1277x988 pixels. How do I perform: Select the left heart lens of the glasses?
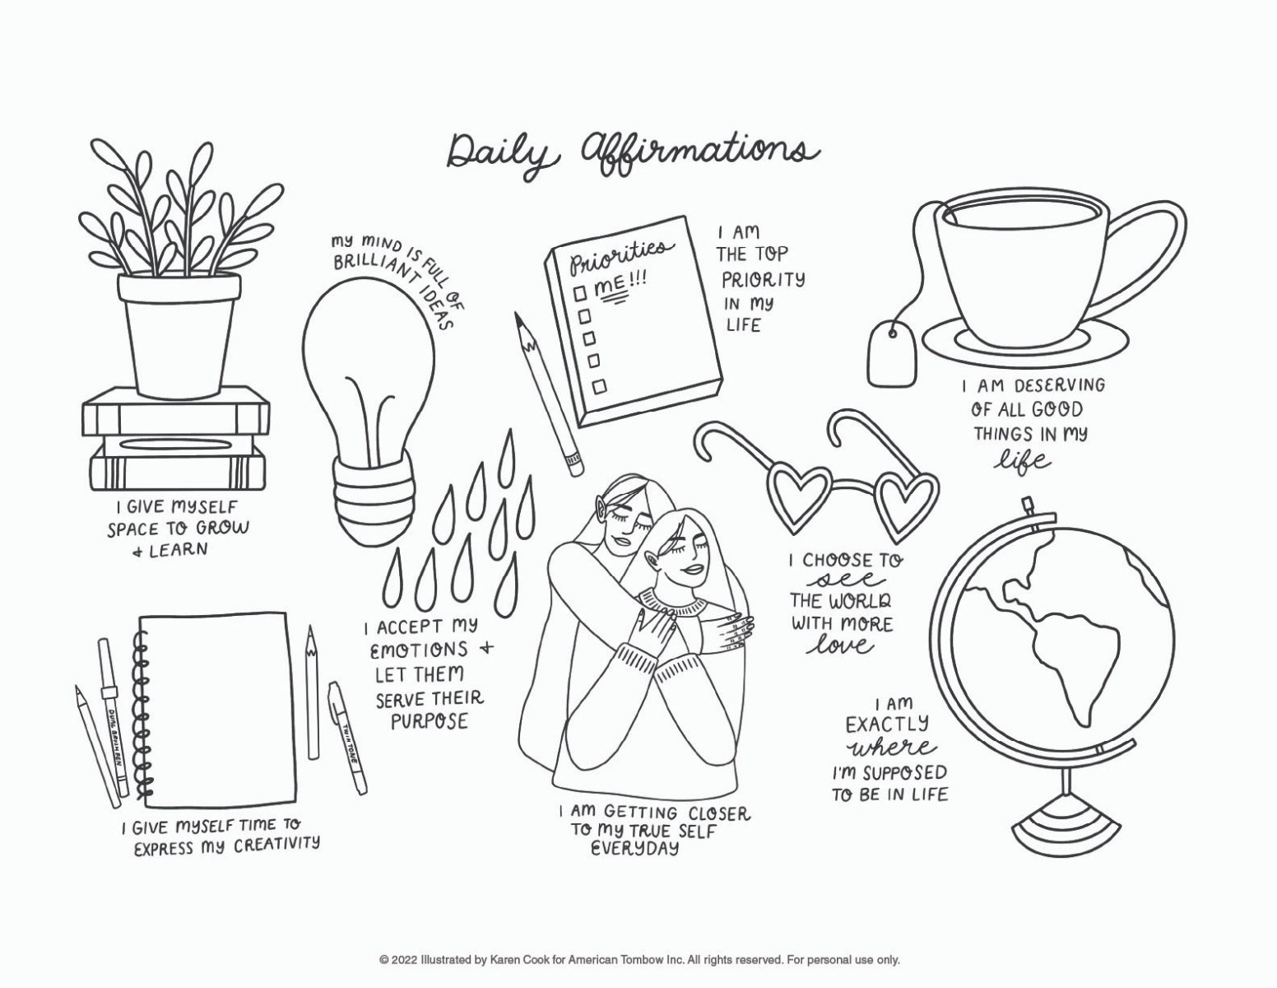click(x=792, y=495)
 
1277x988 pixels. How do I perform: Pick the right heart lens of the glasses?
click(x=903, y=503)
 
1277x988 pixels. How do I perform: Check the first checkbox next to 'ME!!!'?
click(x=581, y=292)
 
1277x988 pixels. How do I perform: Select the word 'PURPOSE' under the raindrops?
click(x=429, y=722)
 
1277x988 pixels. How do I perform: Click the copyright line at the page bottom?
click(x=638, y=960)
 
